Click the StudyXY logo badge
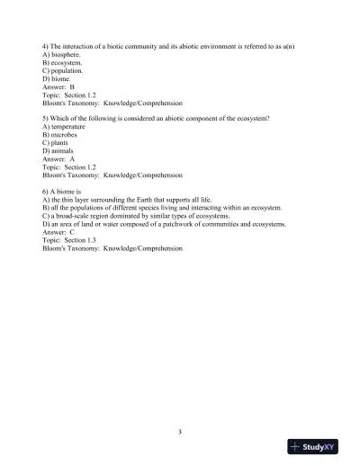pyautogui.click(x=321, y=445)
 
